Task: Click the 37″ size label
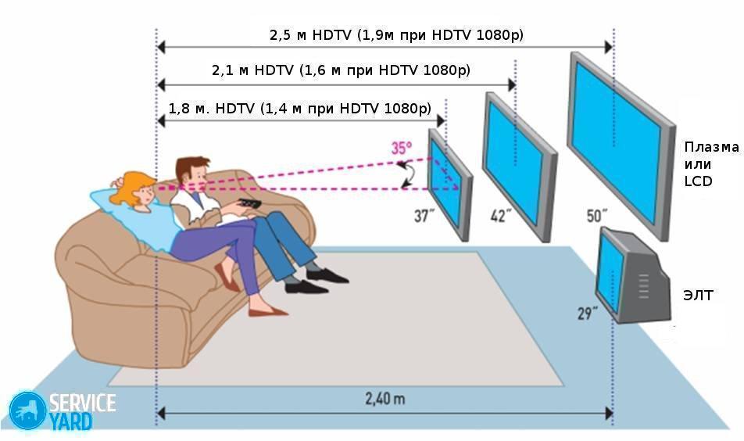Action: click(x=424, y=216)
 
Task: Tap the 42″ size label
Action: click(x=501, y=216)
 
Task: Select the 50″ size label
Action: click(x=597, y=216)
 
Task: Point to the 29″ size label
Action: click(x=588, y=314)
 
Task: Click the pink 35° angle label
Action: click(x=402, y=148)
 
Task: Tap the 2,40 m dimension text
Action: click(x=385, y=398)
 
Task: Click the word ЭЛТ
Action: click(x=698, y=296)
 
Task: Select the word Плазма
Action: click(x=711, y=147)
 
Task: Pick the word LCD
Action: click(x=698, y=181)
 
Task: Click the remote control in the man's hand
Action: click(x=249, y=203)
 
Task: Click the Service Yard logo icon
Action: click(x=28, y=411)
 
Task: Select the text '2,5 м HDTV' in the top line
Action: click(x=311, y=35)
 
